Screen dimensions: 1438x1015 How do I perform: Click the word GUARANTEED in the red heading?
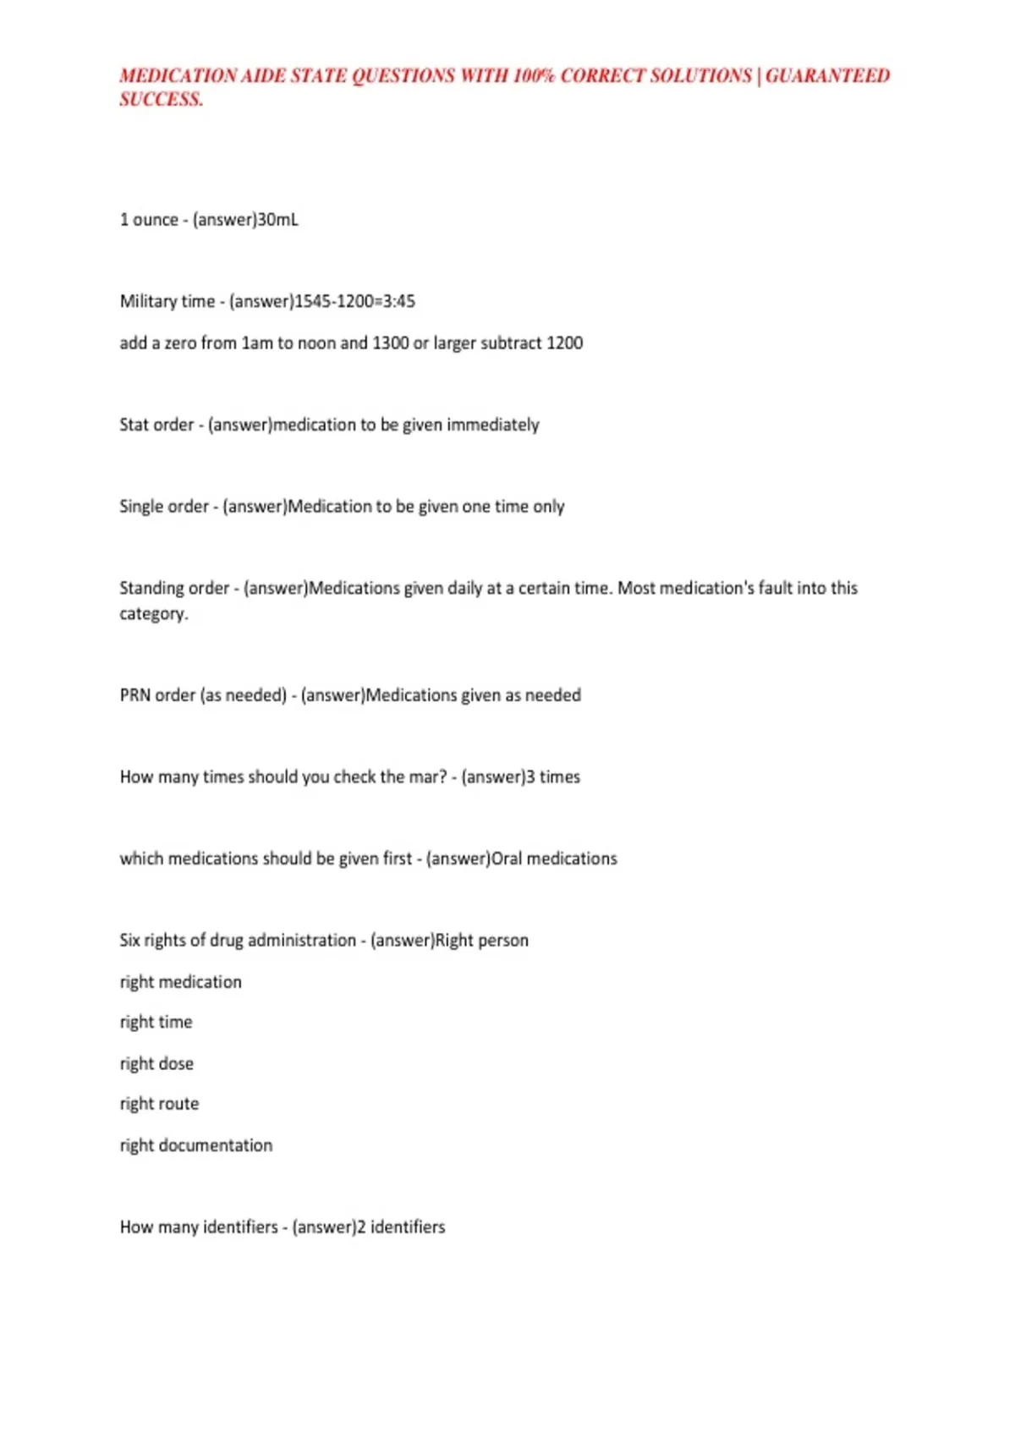827,76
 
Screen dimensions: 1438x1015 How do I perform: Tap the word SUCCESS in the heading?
160,100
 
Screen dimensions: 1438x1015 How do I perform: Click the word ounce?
156,220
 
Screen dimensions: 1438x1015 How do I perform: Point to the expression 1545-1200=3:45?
354,301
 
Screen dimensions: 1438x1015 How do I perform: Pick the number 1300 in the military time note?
391,343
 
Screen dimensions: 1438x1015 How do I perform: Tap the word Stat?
134,425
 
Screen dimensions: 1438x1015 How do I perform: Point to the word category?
152,614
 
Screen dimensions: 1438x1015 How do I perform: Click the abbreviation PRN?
134,695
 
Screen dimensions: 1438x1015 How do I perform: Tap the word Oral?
507,859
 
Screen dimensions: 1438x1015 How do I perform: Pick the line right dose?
156,1063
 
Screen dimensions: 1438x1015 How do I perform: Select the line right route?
159,1104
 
